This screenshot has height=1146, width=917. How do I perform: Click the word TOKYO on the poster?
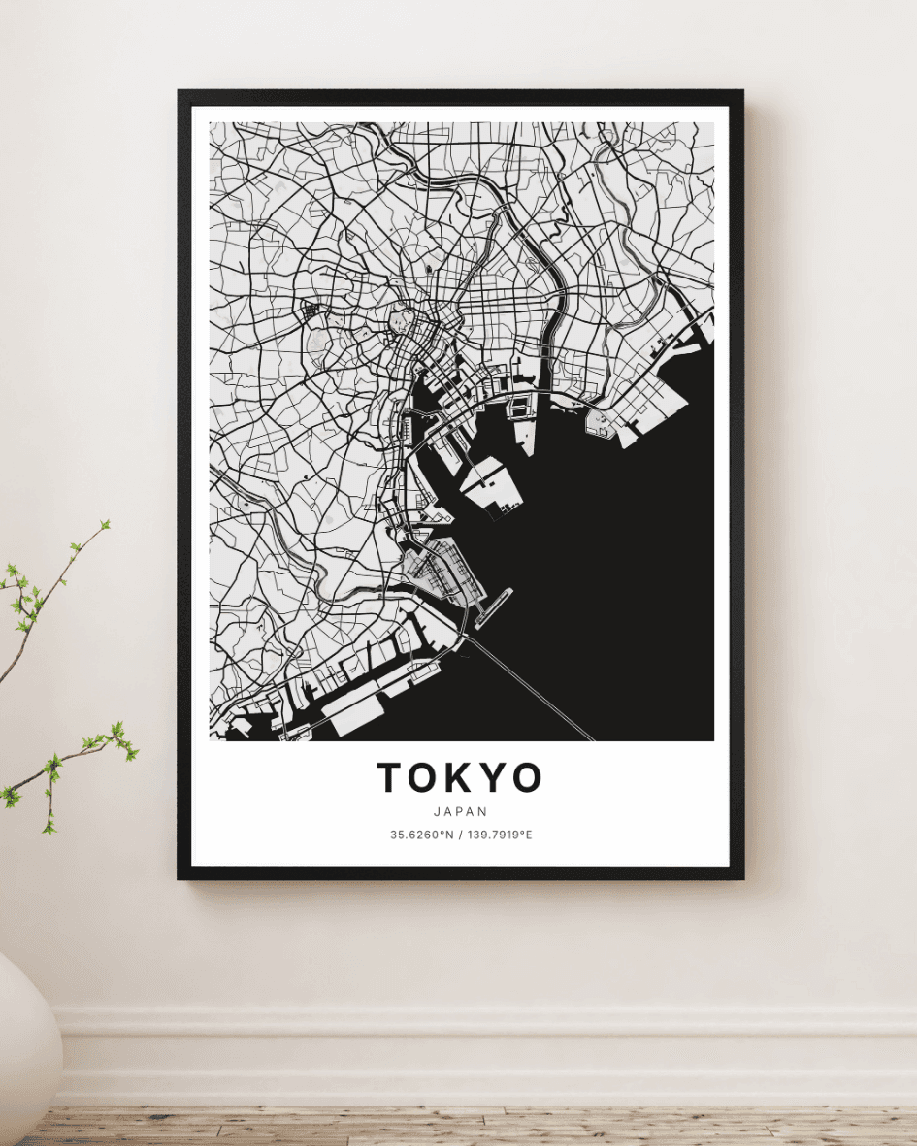(x=460, y=778)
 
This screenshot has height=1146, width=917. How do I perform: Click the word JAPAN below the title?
(x=461, y=812)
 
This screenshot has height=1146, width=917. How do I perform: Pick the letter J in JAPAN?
(x=438, y=812)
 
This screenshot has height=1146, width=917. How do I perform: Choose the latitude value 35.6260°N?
(x=421, y=835)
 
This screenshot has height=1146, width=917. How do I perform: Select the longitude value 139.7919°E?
(x=500, y=835)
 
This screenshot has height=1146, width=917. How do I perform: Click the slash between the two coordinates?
(x=460, y=835)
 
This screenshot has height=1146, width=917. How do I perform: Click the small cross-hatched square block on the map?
(x=311, y=311)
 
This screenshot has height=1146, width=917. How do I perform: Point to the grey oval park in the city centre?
(x=398, y=317)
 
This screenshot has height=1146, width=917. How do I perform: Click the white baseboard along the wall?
(x=485, y=1053)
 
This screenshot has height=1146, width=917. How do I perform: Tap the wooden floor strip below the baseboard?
(x=485, y=1126)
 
